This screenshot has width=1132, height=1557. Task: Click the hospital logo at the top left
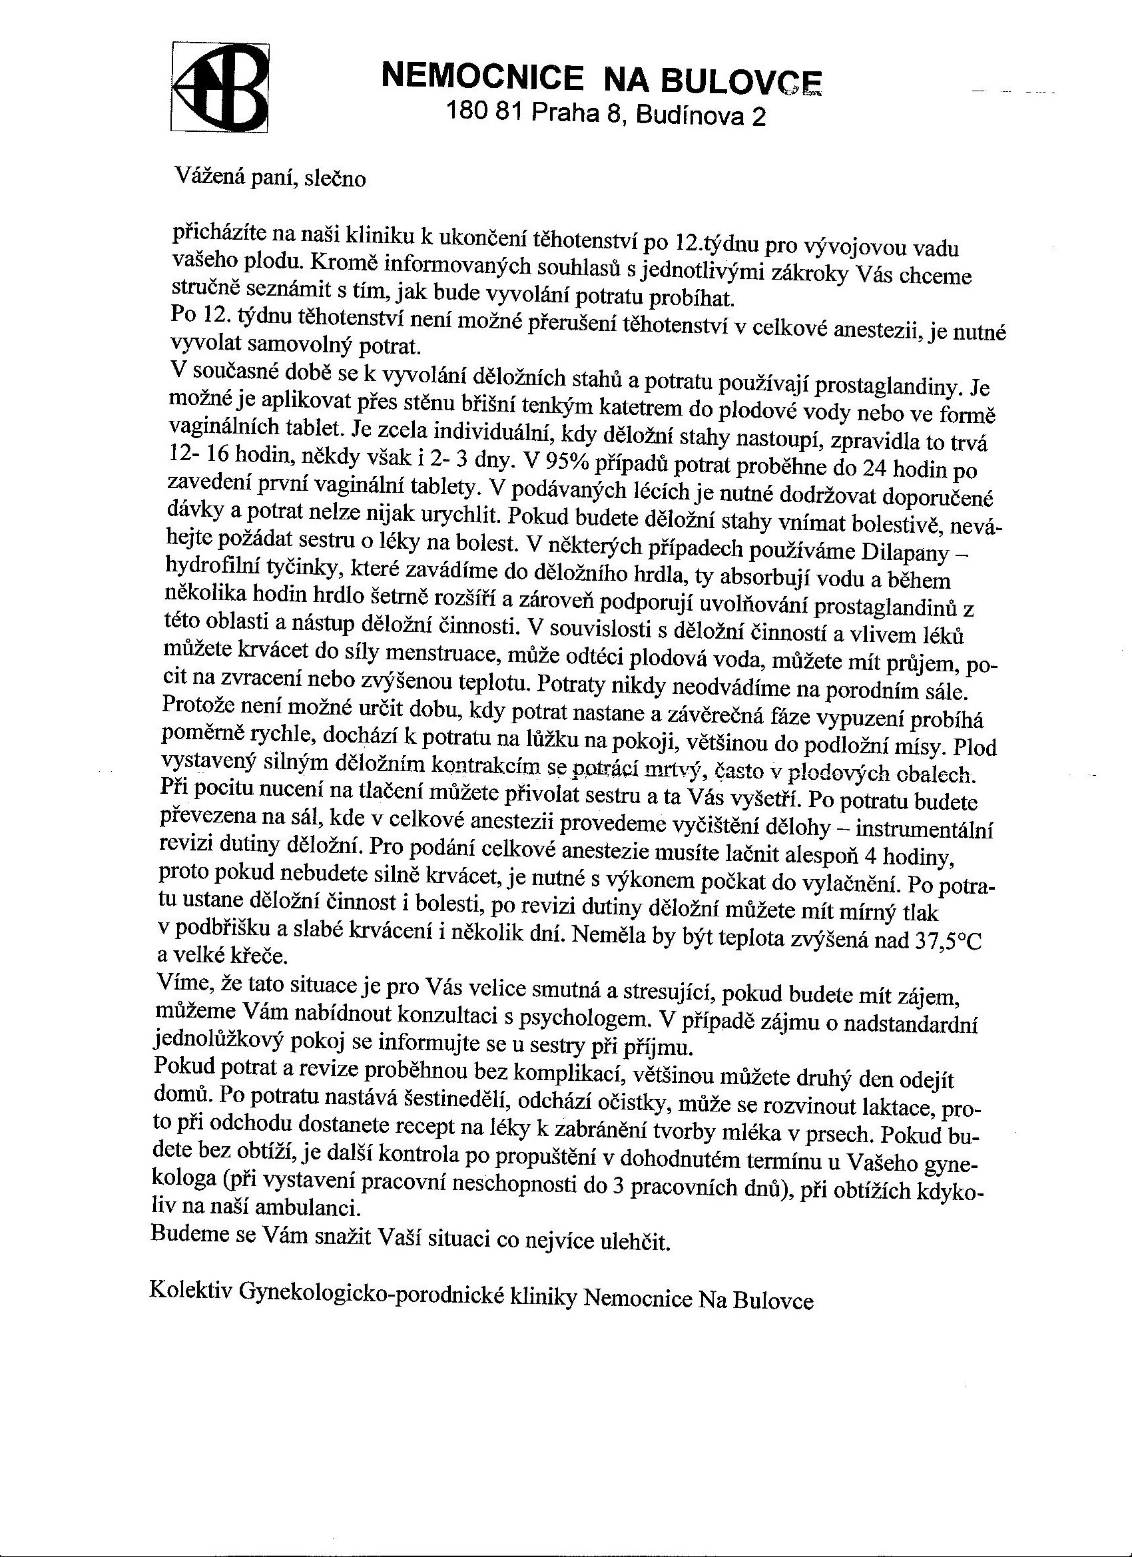[220, 87]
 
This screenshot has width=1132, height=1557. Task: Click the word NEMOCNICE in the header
[481, 76]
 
